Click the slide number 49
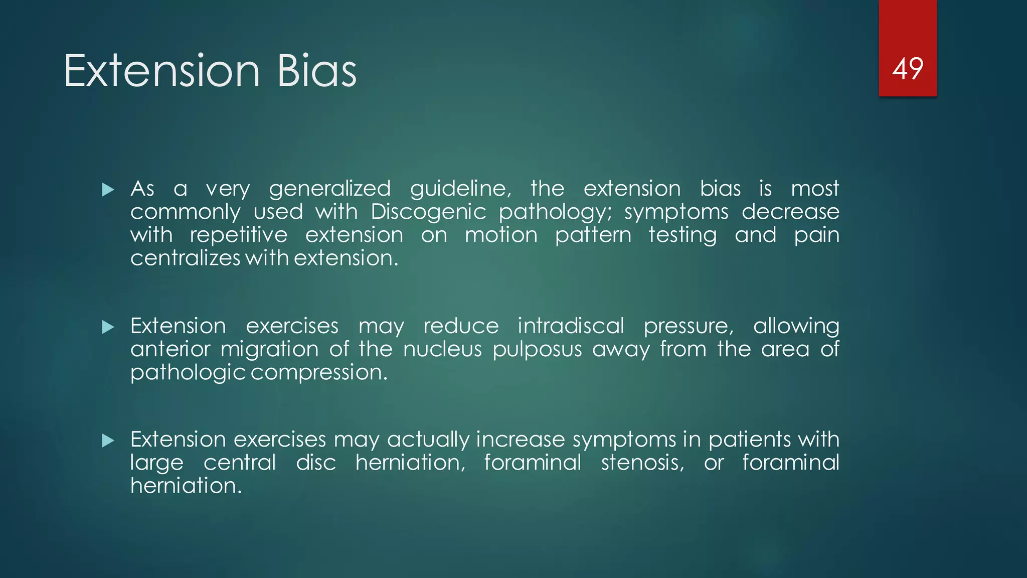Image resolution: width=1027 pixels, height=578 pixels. pyautogui.click(x=907, y=69)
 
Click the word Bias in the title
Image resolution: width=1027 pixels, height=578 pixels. pyautogui.click(x=316, y=71)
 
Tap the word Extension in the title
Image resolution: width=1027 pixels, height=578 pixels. pyautogui.click(x=161, y=71)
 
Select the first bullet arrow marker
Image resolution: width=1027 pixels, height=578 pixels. pyautogui.click(x=108, y=190)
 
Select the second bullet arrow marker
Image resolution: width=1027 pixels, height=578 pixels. pyautogui.click(x=108, y=327)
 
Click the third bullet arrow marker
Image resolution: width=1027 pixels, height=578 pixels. pyautogui.click(x=108, y=441)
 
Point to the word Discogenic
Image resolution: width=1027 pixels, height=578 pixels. pyautogui.click(x=428, y=212)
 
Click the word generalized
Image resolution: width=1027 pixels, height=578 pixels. pyautogui.click(x=329, y=189)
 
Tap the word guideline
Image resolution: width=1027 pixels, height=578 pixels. pyautogui.click(x=460, y=189)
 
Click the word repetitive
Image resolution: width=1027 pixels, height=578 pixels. pyautogui.click(x=239, y=235)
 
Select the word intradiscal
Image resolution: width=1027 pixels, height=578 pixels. pyautogui.click(x=571, y=326)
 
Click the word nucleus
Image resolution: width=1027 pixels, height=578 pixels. pyautogui.click(x=442, y=349)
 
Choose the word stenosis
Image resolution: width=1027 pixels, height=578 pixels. pyautogui.click(x=642, y=463)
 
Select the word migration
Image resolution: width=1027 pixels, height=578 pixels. pyautogui.click(x=269, y=350)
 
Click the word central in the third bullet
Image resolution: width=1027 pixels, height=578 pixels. pyautogui.click(x=240, y=463)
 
